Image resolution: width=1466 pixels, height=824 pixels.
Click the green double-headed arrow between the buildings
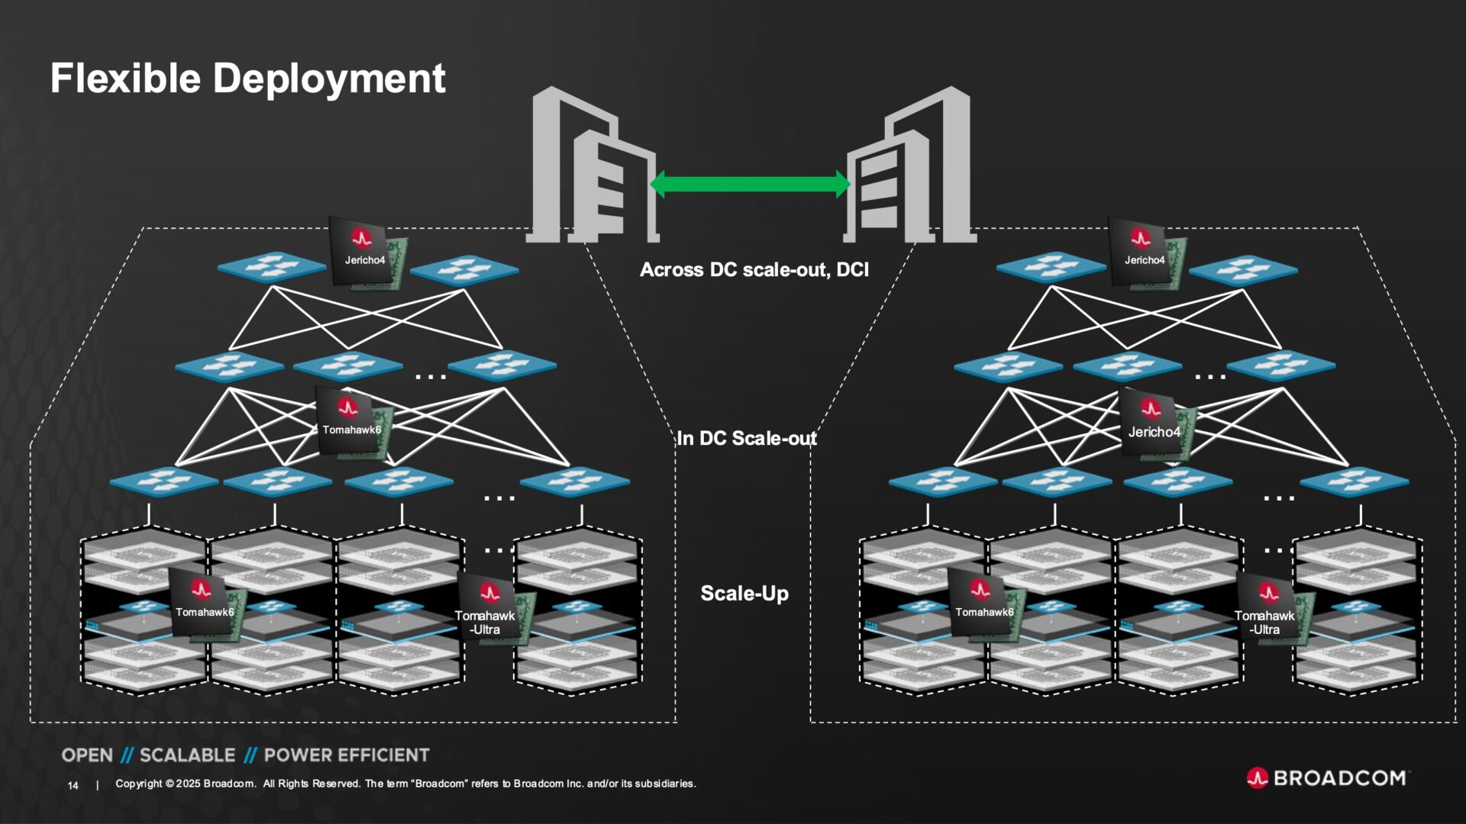[x=749, y=184]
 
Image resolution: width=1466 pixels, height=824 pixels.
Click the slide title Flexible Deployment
[x=247, y=79]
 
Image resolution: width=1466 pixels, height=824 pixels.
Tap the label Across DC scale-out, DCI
[x=754, y=270]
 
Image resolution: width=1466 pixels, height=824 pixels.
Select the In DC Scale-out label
[x=746, y=439]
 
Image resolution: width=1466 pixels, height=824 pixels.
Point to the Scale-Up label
[x=744, y=594]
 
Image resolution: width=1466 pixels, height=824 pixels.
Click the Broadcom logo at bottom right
[x=1328, y=778]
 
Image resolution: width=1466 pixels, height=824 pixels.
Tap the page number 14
[x=73, y=785]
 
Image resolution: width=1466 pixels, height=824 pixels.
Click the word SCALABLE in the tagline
[x=188, y=755]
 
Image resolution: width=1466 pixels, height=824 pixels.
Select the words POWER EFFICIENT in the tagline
[x=347, y=755]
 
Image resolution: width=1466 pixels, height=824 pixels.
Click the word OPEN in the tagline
[x=87, y=755]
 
